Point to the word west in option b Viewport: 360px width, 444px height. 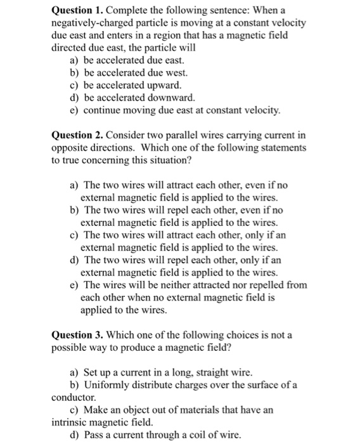tap(172, 72)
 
